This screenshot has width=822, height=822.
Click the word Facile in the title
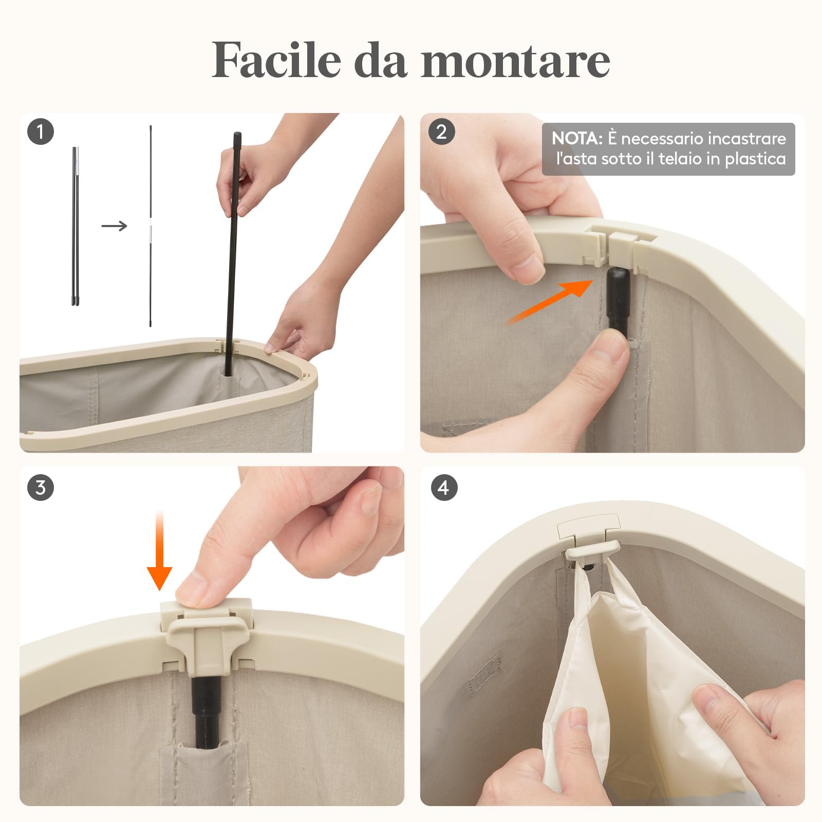point(276,60)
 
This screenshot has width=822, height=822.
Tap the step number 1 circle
point(40,132)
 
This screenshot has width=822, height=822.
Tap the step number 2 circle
point(441,132)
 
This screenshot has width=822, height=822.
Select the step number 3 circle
point(40,487)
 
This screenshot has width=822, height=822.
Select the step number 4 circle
point(443,487)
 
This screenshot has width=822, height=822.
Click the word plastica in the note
point(755,159)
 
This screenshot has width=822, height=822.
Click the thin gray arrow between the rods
point(114,226)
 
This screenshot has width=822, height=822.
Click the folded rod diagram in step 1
point(76,226)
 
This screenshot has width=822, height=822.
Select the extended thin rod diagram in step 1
point(151,226)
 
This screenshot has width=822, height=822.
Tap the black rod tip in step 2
point(618,285)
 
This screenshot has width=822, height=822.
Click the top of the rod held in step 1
point(237,138)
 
